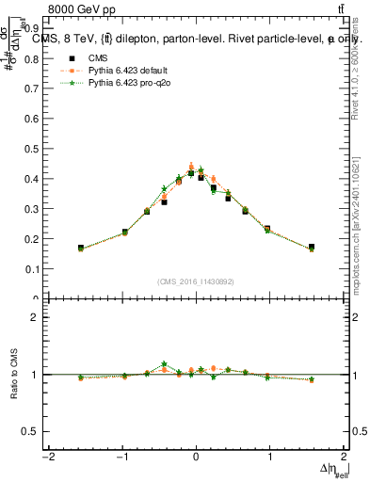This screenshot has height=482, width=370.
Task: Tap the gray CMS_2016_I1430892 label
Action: tap(196, 281)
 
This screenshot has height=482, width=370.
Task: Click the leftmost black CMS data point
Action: tap(81, 248)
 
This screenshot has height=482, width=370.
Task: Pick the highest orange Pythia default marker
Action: tap(191, 166)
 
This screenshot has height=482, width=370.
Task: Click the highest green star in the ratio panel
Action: tap(164, 363)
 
